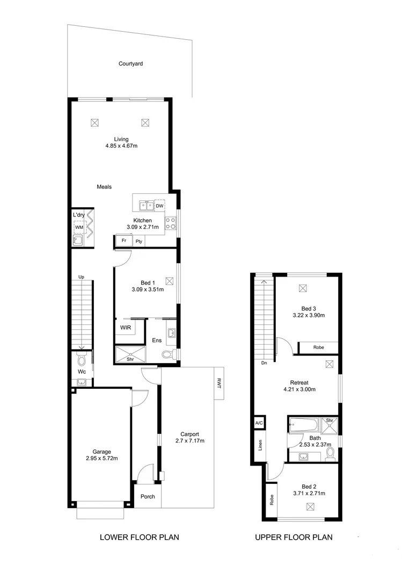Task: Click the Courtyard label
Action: coord(130,64)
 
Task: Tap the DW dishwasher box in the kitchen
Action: coord(159,206)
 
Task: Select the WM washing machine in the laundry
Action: coord(78,228)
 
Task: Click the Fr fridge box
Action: coord(123,241)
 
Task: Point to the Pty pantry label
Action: coord(138,242)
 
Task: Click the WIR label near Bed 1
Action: coord(125,327)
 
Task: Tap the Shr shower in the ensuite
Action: coord(130,354)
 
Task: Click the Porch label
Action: coord(148,497)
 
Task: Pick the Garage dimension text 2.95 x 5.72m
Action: coord(101,459)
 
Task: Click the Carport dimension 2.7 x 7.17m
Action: coord(190,441)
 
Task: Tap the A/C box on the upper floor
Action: coord(259,423)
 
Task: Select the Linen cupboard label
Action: coord(260,445)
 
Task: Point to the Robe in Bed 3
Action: coord(318,348)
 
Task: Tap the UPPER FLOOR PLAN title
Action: coord(294,537)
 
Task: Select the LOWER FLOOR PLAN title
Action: coord(140,537)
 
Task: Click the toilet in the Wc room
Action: coord(81,359)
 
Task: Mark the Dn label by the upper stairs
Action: coord(264,364)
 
